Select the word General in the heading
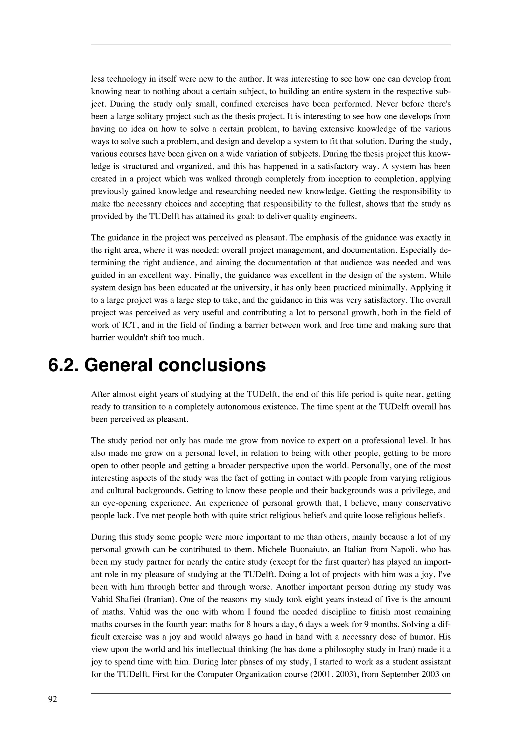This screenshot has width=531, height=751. (118, 365)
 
